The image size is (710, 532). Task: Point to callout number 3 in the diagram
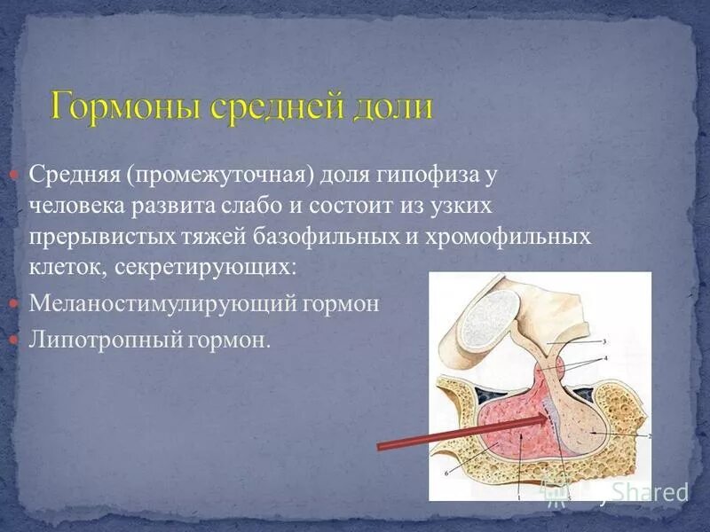point(605,340)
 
